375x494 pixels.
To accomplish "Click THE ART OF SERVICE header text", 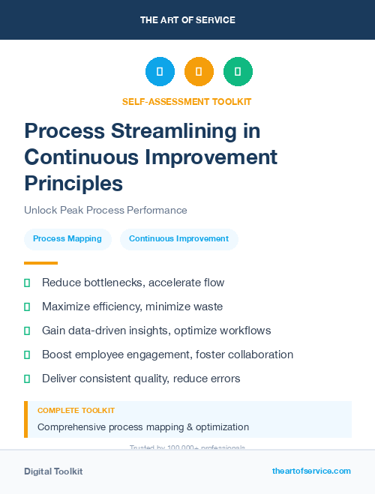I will pyautogui.click(x=187, y=20).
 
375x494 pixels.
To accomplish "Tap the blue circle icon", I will pyautogui.click(x=160, y=72).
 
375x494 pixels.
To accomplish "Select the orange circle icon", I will pyautogui.click(x=199, y=72).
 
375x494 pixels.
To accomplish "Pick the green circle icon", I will pyautogui.click(x=238, y=72).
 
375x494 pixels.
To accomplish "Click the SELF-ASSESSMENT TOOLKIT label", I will pyautogui.click(x=187, y=101).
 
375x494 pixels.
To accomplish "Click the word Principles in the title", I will pyautogui.click(x=73, y=182).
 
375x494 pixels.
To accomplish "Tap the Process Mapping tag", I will pyautogui.click(x=67, y=239).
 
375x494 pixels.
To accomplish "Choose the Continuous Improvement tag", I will pyautogui.click(x=178, y=239).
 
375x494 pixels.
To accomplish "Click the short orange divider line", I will pyautogui.click(x=40, y=263).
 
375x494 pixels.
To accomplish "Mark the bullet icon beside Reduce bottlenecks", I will pyautogui.click(x=27, y=283).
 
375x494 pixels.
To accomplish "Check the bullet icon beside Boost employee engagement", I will pyautogui.click(x=27, y=355).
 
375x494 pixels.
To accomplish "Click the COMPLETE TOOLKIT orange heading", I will pyautogui.click(x=76, y=411).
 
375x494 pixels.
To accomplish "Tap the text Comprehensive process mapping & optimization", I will pyautogui.click(x=143, y=427).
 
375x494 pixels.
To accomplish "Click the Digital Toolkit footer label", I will pyautogui.click(x=53, y=472).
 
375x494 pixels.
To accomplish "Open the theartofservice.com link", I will pyautogui.click(x=311, y=471).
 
